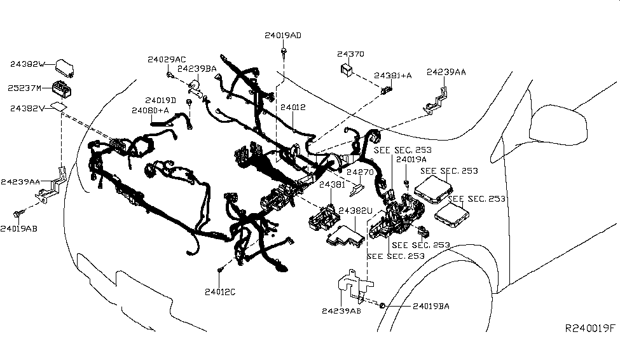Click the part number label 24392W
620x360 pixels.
[x=28, y=64]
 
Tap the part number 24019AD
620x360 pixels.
[x=283, y=35]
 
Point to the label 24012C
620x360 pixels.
[x=220, y=293]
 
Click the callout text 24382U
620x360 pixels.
[x=355, y=210]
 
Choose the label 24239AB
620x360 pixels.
[x=341, y=311]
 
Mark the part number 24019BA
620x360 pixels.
[x=431, y=306]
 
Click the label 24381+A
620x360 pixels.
[x=392, y=75]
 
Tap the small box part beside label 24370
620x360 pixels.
[x=347, y=69]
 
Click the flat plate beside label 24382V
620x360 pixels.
[x=59, y=107]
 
